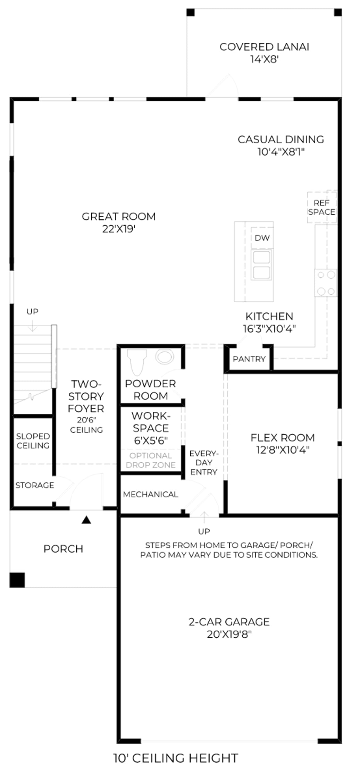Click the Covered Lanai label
(264, 47)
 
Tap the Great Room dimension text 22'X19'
(118, 229)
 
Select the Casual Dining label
(281, 140)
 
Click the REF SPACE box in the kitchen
(322, 207)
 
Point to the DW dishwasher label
(262, 238)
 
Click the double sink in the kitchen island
(262, 264)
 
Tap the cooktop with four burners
(326, 283)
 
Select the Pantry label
(249, 359)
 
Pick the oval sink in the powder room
(164, 357)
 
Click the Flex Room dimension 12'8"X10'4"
(283, 450)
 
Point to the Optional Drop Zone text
(151, 460)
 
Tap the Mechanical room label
(151, 494)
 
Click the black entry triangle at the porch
(86, 520)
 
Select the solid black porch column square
(17, 580)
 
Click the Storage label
(35, 485)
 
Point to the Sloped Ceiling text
(33, 441)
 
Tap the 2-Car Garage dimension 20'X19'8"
(229, 635)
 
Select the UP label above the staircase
(32, 312)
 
